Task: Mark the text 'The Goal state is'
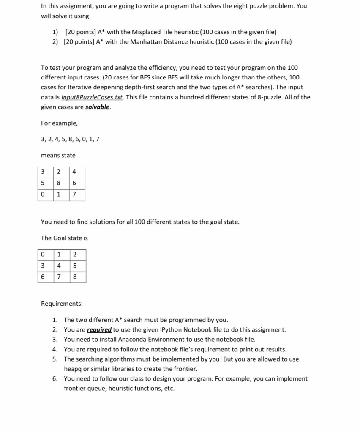tap(64, 238)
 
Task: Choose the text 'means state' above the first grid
tap(58, 155)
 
